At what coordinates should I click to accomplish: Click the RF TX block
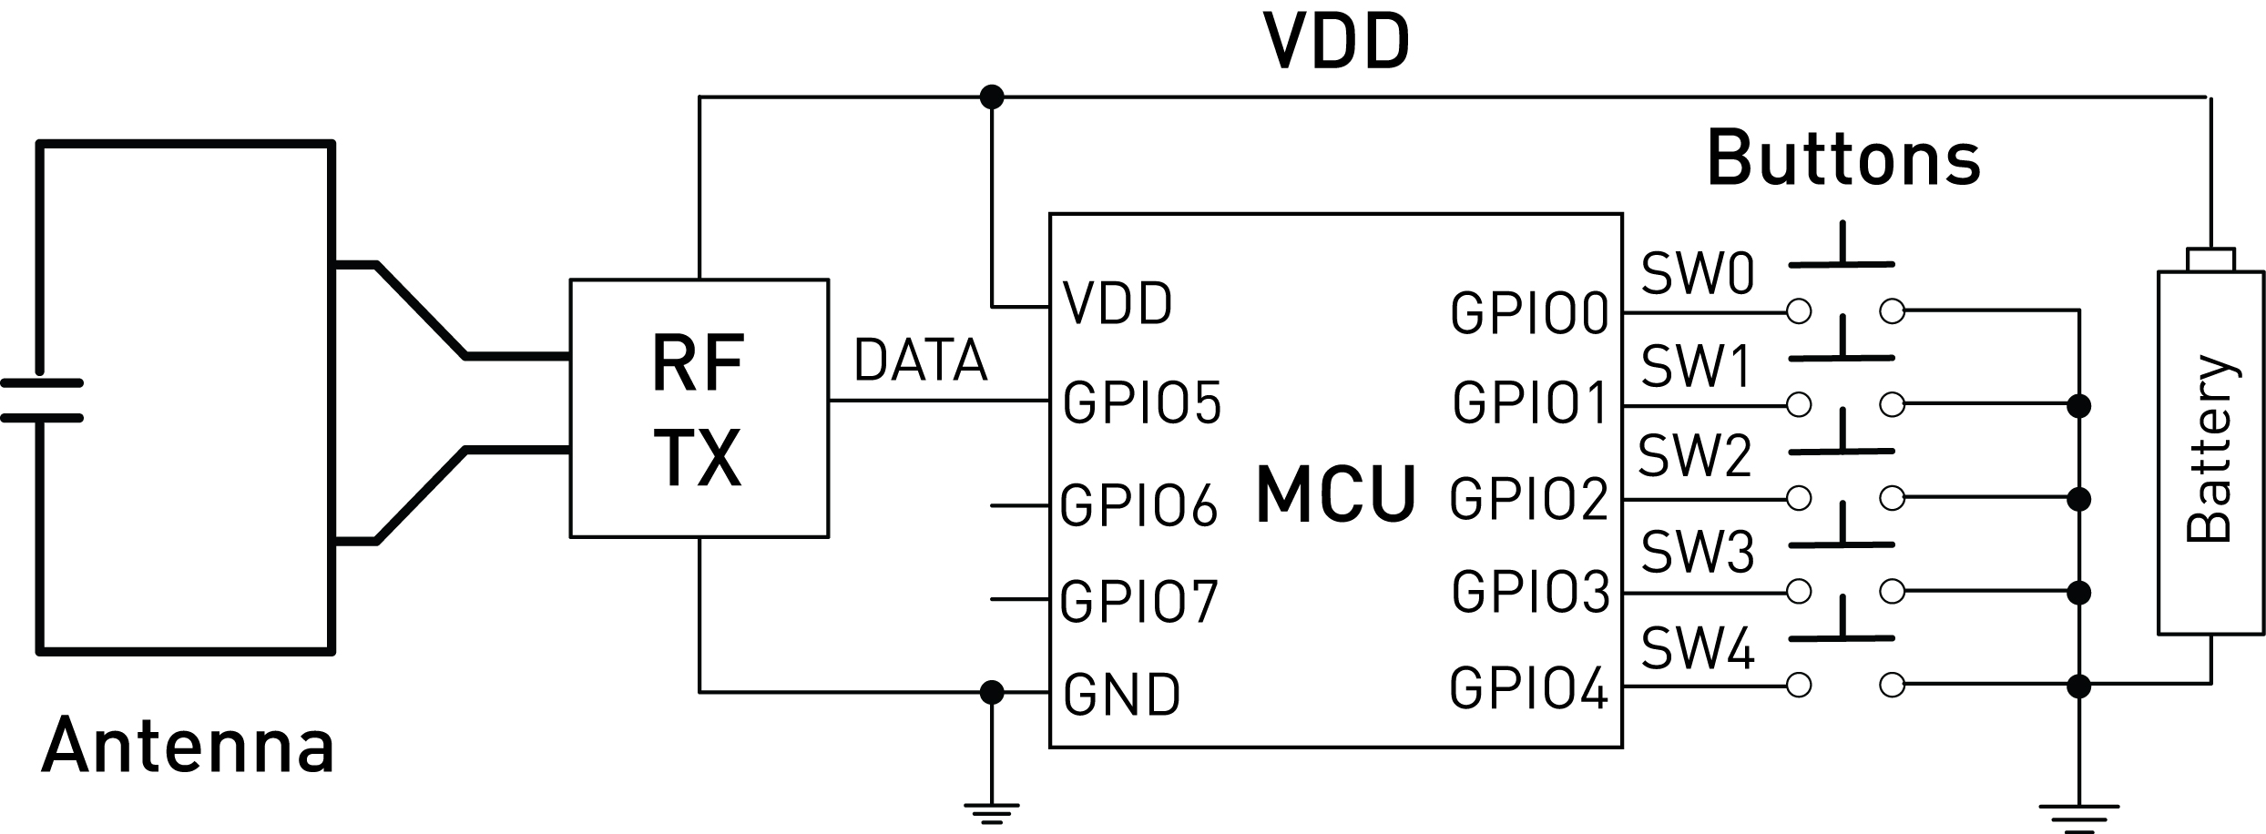click(699, 409)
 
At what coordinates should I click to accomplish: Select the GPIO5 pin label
click(1141, 402)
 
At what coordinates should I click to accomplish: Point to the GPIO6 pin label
click(1138, 504)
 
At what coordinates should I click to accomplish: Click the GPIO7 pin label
click(1138, 600)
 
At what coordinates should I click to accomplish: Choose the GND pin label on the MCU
click(1121, 694)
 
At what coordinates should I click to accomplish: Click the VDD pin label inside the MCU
click(1118, 303)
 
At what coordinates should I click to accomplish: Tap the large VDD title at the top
click(1336, 42)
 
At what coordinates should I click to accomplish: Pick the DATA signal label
click(920, 361)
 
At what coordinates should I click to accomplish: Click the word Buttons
click(1843, 158)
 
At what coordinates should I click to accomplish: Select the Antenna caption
click(188, 746)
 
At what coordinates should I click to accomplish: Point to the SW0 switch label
click(1698, 273)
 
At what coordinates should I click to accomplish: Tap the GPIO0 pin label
click(1529, 313)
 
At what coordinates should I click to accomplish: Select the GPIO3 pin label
click(1530, 592)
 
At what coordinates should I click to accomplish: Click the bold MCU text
click(1335, 494)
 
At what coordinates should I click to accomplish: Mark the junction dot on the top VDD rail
click(991, 96)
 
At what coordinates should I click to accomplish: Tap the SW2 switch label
click(1695, 457)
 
